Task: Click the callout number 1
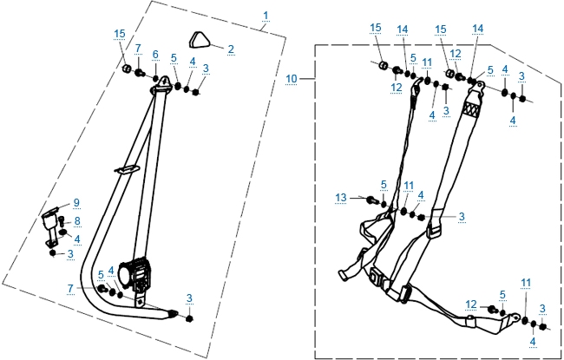click(265, 16)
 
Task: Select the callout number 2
click(230, 49)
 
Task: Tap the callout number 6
click(154, 55)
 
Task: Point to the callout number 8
click(76, 221)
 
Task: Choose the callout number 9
click(75, 203)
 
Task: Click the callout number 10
click(292, 78)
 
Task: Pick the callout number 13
click(341, 198)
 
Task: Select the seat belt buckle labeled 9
click(54, 220)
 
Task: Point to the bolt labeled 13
click(371, 200)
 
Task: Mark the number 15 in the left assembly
click(120, 34)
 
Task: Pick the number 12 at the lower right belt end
click(469, 304)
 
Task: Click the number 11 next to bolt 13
click(408, 186)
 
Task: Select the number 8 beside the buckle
click(76, 221)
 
